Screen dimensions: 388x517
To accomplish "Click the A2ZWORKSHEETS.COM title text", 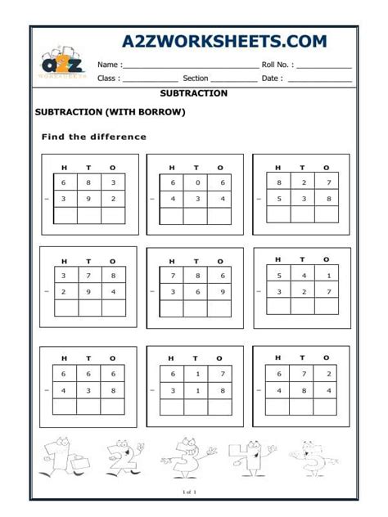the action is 223,42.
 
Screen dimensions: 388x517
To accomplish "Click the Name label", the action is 110,64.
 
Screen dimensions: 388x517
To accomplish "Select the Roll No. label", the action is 279,64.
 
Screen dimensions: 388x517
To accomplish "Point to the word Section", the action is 196,79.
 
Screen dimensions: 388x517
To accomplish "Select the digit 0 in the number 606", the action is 196,182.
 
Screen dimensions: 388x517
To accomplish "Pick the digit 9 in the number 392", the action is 89,198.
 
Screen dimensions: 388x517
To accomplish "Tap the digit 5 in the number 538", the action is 279,197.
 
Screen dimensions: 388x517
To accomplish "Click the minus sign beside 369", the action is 151,290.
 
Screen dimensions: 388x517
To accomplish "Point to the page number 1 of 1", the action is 194,492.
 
